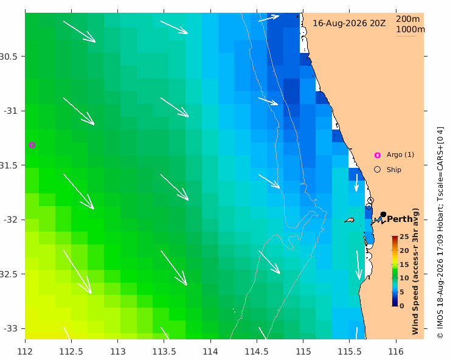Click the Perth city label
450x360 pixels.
(400, 220)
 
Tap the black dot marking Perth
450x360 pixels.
(383, 214)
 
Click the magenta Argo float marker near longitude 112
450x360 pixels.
(32, 145)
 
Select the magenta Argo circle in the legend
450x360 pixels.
(378, 155)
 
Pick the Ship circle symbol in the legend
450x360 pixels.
(378, 170)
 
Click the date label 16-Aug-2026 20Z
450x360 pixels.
(349, 23)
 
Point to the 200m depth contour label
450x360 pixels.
(408, 19)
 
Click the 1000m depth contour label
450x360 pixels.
(410, 29)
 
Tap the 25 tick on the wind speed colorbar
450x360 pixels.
(404, 237)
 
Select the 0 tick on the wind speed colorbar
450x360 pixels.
(402, 306)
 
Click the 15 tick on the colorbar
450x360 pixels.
(404, 265)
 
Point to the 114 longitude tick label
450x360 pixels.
(210, 351)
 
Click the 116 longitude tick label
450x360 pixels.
(396, 351)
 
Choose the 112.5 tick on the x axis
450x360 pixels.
(71, 351)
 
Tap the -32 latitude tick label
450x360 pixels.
(11, 220)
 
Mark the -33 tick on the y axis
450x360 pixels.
(11, 328)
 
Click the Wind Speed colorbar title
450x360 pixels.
(415, 271)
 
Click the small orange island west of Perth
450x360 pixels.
(350, 221)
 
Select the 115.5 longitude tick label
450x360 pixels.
(350, 351)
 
